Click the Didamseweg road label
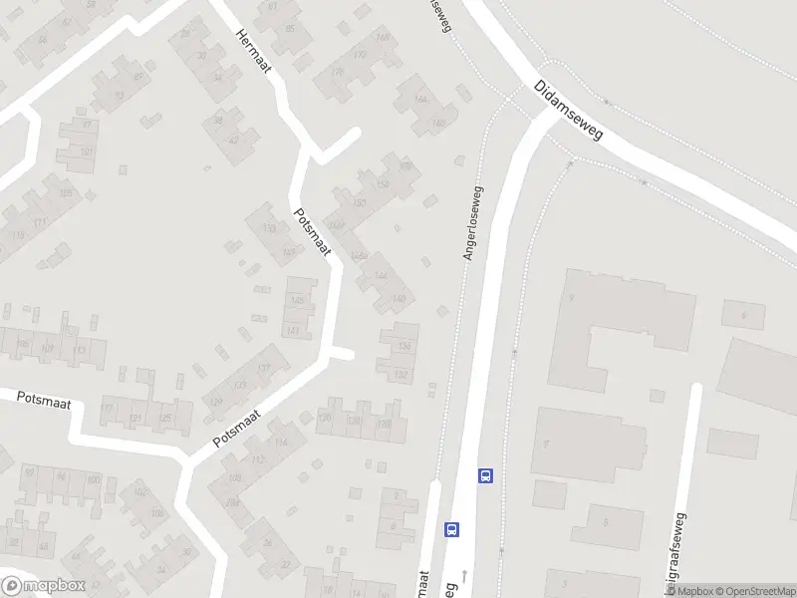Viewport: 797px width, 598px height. click(x=568, y=110)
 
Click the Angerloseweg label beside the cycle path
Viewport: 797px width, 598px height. click(x=472, y=223)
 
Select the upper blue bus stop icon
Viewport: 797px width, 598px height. click(x=486, y=475)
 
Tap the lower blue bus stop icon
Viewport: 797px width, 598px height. click(x=452, y=529)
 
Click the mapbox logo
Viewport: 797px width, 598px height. click(x=43, y=586)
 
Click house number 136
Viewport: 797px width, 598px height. click(x=403, y=345)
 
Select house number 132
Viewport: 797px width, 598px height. click(x=400, y=375)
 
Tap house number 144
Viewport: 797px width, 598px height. click(x=380, y=275)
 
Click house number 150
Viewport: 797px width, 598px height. click(x=360, y=203)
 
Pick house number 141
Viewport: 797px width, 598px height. click(x=292, y=330)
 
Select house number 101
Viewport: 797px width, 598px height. click(x=87, y=152)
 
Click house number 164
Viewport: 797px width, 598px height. click(x=419, y=100)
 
